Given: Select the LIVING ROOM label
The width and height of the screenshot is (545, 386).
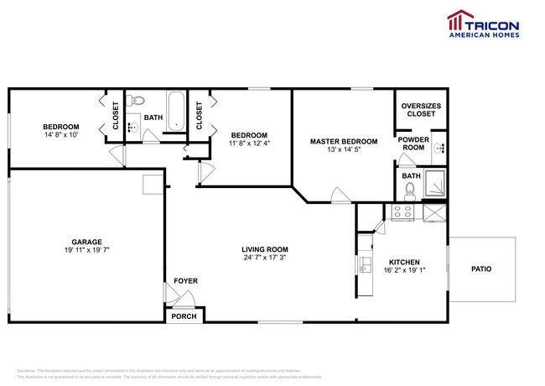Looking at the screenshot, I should pos(265,249).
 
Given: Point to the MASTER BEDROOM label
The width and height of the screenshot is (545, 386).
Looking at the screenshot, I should pos(344,141).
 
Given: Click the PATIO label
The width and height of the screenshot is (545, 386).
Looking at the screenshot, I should pos(481,269).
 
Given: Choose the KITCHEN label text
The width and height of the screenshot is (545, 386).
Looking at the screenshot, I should pos(403,262).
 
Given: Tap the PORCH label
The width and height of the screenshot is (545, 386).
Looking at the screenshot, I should pos(183,316).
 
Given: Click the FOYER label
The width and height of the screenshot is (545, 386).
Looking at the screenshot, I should pos(185,280).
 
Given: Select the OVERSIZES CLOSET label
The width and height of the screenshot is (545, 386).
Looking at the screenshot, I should pos(421,109).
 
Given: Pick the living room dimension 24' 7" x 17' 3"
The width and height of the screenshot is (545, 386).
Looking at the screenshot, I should pos(265,258).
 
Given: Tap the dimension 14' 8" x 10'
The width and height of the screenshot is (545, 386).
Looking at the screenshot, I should pos(61,135).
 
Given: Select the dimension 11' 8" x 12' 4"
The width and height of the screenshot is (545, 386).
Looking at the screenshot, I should pos(250,143).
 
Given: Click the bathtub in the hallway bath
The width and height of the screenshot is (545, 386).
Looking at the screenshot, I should pos(175,111).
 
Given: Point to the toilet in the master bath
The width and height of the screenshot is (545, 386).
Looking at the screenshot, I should pos(411,189).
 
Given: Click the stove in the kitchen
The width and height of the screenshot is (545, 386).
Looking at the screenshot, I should pos(402,212).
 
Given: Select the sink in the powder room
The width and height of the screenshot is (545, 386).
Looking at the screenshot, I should pos(440,148).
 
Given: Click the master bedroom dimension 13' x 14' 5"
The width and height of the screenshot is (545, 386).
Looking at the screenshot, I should pos(344,150).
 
